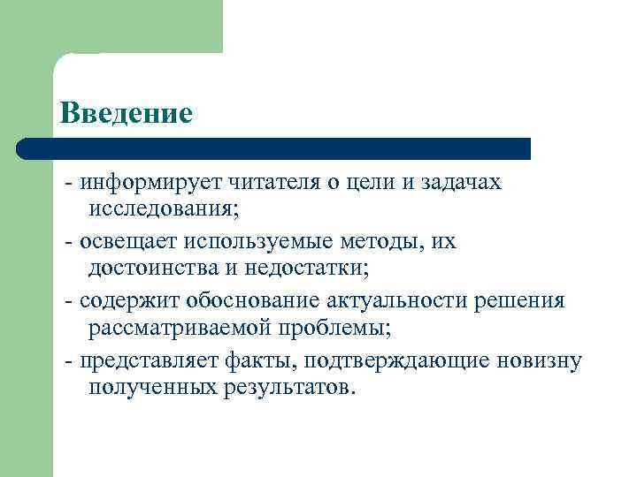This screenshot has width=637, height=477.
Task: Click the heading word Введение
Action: tap(126, 112)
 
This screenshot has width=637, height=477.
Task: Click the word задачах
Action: tap(459, 182)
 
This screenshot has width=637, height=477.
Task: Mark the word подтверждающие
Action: tap(379, 360)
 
